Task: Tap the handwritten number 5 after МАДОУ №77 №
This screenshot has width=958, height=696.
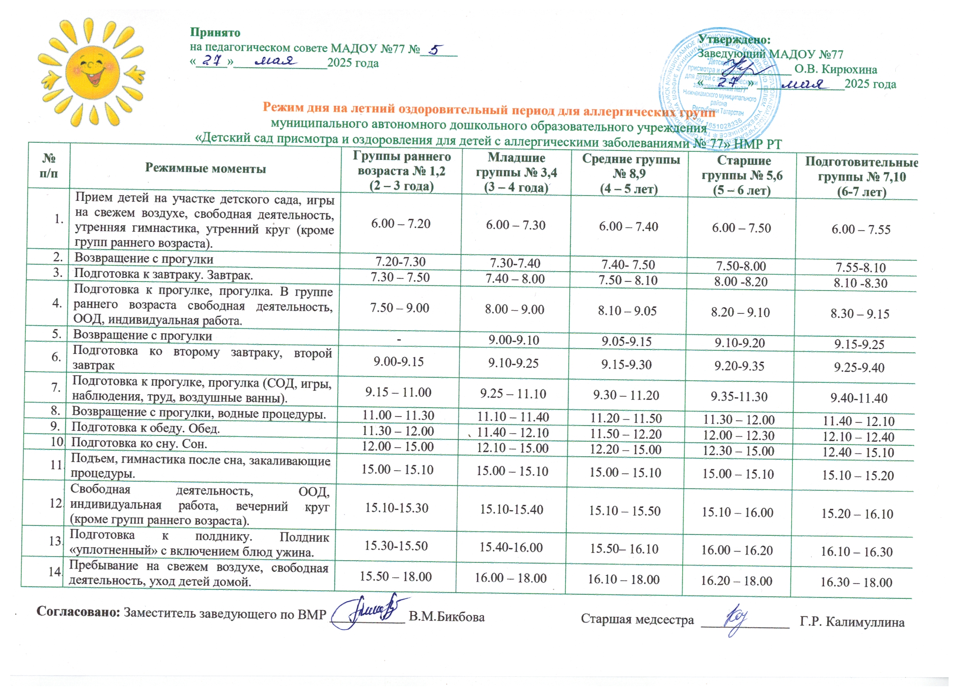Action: (435, 50)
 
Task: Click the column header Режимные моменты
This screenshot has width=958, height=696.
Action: (205, 169)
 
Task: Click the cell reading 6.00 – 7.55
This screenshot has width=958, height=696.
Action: (860, 230)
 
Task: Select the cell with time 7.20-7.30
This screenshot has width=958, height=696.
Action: (400, 262)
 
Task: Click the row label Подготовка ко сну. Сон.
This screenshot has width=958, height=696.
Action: (139, 443)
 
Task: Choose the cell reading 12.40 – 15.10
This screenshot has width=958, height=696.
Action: (858, 452)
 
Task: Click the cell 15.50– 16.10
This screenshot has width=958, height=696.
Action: (624, 549)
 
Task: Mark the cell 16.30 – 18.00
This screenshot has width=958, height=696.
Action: (856, 583)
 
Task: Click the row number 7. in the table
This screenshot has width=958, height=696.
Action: (56, 387)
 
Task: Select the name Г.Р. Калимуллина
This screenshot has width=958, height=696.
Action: (852, 622)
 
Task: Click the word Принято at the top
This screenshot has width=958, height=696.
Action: (215, 32)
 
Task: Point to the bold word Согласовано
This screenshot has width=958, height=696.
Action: (79, 612)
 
